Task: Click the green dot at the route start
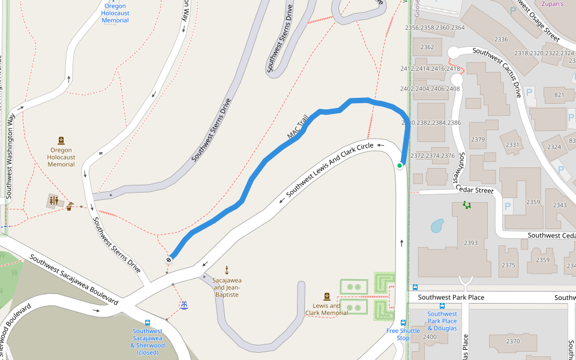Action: [x=400, y=166]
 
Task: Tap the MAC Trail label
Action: [x=298, y=127]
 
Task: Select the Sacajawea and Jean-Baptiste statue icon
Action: [x=227, y=269]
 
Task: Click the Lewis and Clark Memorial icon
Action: [x=327, y=296]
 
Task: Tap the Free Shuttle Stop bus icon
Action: [x=403, y=322]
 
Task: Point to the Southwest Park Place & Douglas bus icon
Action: [x=442, y=306]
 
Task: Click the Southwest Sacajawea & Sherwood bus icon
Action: [x=148, y=323]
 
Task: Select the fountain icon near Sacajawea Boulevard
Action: [x=185, y=305]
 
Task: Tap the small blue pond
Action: [x=437, y=226]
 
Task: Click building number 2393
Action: [x=471, y=243]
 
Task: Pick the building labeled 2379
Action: [x=478, y=140]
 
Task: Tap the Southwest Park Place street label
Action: [x=451, y=298]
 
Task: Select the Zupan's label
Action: [x=553, y=4]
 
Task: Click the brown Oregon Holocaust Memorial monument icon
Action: [x=61, y=140]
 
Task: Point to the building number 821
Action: [x=559, y=95]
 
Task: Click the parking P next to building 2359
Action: [x=508, y=206]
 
